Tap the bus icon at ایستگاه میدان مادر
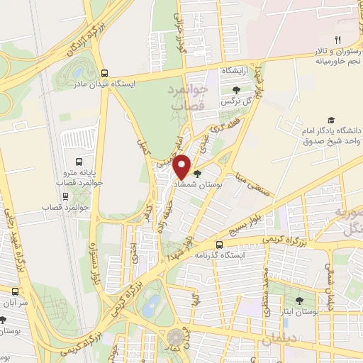[105, 72]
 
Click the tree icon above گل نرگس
[236, 90]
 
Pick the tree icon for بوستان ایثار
[299, 301]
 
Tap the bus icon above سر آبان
[15, 291]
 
